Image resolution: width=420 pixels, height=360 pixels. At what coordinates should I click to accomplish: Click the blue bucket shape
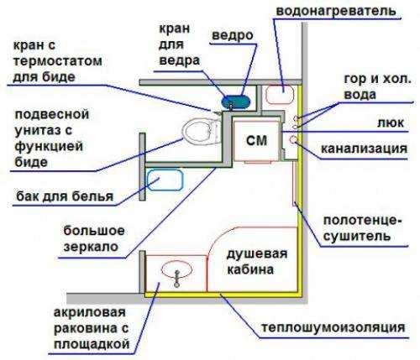[x=235, y=102]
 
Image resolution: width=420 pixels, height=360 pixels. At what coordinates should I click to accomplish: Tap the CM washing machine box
[x=256, y=140]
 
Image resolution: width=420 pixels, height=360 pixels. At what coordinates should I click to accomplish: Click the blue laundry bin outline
[x=165, y=180]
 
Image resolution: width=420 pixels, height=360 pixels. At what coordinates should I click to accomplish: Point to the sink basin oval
[x=176, y=269]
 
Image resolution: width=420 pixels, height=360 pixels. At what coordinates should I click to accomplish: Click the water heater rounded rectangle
[x=280, y=95]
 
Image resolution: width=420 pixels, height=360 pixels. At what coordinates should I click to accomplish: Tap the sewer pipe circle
[x=293, y=139]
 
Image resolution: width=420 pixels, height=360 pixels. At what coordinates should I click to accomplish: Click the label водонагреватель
[x=336, y=11]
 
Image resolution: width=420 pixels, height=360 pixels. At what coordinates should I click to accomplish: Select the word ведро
[x=233, y=35]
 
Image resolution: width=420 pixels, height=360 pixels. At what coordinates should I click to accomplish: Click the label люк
[x=391, y=123]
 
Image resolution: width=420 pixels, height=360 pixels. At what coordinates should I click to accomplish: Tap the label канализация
[x=364, y=149]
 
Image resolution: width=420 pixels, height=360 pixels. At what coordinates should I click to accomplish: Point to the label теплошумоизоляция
[x=333, y=327]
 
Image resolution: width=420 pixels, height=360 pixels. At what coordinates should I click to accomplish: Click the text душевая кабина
[x=257, y=262]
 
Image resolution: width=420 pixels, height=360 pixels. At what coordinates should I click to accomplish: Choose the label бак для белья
[x=65, y=196]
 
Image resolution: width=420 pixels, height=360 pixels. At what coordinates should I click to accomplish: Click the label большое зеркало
[x=94, y=239]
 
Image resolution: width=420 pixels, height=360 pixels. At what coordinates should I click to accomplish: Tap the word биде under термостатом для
[x=59, y=77]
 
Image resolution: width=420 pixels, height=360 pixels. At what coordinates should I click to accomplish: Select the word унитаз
[x=44, y=130]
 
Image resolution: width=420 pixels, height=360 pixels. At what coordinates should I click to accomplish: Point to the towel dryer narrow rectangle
[x=295, y=183]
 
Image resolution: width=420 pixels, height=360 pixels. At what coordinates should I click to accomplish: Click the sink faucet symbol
[x=176, y=279]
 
